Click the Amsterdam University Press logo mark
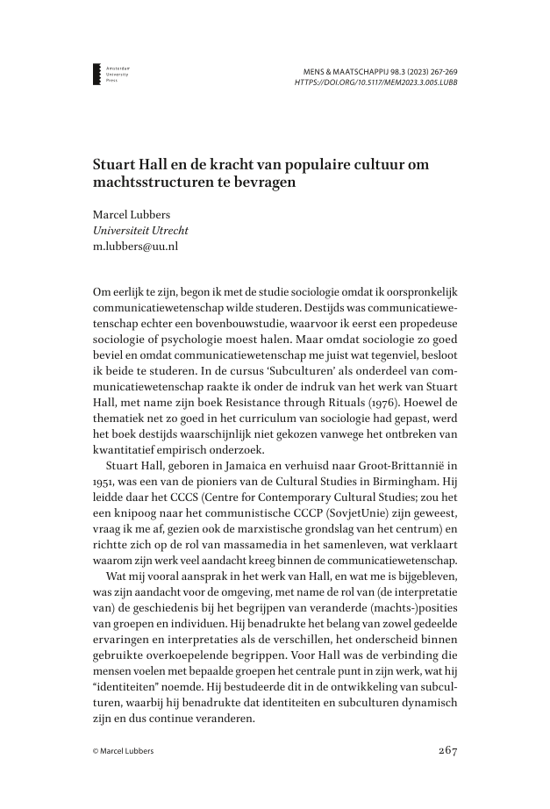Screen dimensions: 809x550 (96, 74)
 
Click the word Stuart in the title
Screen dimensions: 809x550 (115, 165)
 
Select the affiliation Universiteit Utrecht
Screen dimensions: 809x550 (140, 231)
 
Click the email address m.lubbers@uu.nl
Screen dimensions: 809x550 (136, 247)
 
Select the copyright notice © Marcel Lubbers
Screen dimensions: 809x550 (128, 751)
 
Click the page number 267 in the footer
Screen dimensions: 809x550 (446, 750)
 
